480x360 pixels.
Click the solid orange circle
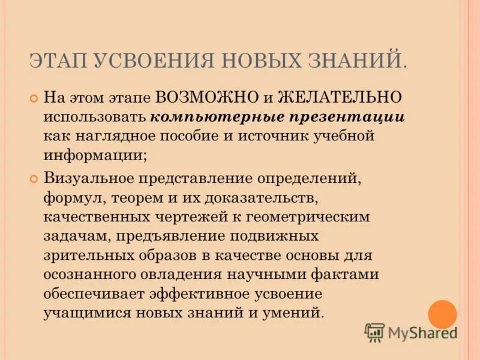point(442,314)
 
